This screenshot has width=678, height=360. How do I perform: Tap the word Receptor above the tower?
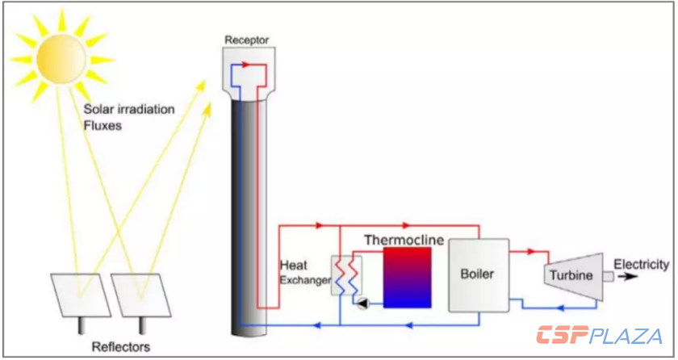click(x=246, y=40)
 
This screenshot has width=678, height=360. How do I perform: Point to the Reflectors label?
click(x=119, y=347)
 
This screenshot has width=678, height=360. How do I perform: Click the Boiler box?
click(x=478, y=274)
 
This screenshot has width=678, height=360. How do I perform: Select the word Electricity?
click(x=641, y=265)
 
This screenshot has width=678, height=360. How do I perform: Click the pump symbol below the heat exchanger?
click(x=362, y=303)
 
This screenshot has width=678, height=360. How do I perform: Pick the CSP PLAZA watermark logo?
click(x=601, y=335)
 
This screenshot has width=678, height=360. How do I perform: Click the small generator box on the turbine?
click(x=608, y=277)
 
